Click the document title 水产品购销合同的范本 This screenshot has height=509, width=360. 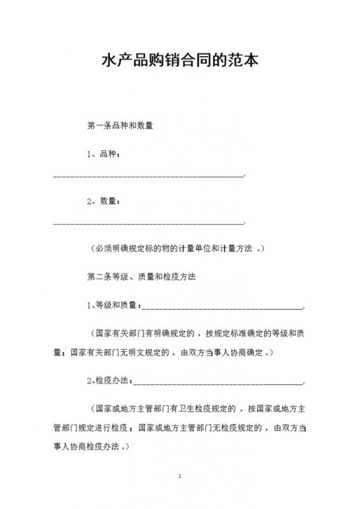tap(180, 62)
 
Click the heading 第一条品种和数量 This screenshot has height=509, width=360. tap(120, 126)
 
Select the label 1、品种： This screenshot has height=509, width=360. tap(102, 155)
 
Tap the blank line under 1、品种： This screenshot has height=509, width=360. tap(148, 175)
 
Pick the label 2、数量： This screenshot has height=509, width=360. tap(102, 202)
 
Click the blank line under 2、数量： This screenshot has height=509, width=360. tap(148, 223)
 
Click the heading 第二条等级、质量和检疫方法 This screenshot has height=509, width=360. tap(140, 277)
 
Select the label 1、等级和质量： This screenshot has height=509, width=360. tap(113, 306)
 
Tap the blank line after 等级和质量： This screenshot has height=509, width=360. tap(222, 308)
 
